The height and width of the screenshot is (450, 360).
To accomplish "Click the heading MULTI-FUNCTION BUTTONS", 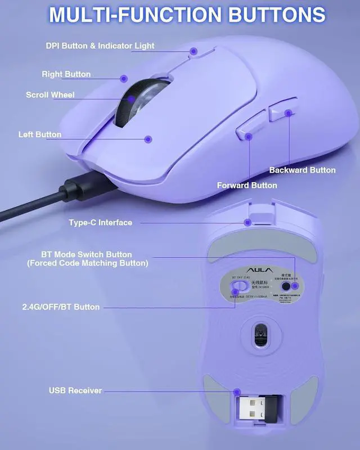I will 187,15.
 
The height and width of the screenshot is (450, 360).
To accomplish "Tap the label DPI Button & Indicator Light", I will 100,46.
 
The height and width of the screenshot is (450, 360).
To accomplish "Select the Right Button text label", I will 66,74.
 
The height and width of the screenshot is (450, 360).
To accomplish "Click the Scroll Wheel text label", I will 50,94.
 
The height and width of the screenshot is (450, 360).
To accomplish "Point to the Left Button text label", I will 39,134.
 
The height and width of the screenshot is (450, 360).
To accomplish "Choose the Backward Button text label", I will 302,170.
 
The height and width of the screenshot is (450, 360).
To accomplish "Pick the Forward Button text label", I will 247,185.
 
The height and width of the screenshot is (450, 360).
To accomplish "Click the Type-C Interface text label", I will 100,223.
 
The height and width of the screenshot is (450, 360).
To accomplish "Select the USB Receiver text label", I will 75,390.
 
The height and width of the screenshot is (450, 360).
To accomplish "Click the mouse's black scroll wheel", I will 138,101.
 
